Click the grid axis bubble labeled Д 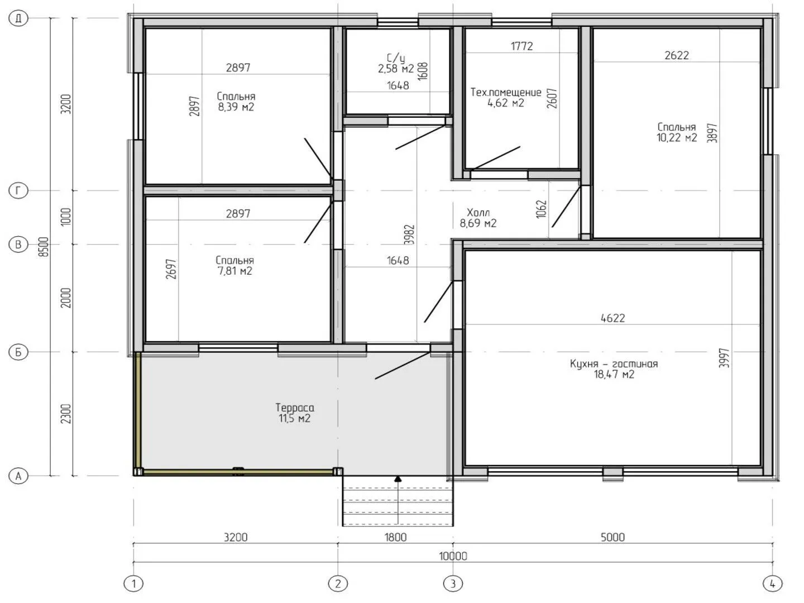click(x=18, y=18)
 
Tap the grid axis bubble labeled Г click(x=18, y=191)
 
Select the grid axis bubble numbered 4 click(x=773, y=583)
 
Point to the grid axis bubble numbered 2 click(x=338, y=583)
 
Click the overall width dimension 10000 click(x=453, y=556)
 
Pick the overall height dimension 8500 click(x=43, y=247)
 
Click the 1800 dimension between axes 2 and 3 click(x=396, y=538)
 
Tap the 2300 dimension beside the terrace click(x=66, y=414)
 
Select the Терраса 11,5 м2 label click(x=294, y=413)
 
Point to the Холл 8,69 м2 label click(x=478, y=218)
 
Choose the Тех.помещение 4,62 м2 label click(x=506, y=97)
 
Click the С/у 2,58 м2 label click(x=396, y=63)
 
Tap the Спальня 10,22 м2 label click(x=677, y=132)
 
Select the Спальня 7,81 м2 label click(x=235, y=266)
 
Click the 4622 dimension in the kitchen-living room click(x=613, y=318)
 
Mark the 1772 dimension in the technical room click(x=521, y=46)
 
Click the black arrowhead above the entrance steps click(x=398, y=478)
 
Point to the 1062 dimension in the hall click(x=542, y=209)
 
